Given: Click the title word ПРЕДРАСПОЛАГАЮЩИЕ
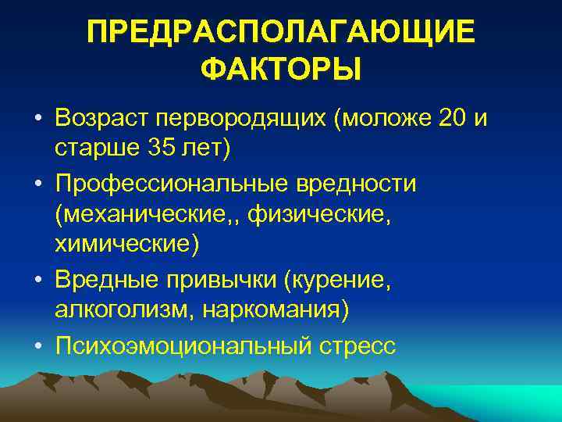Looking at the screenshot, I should click(280, 33).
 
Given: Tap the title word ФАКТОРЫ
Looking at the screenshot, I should click(280, 72).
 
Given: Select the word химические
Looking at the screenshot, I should click(126, 244).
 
